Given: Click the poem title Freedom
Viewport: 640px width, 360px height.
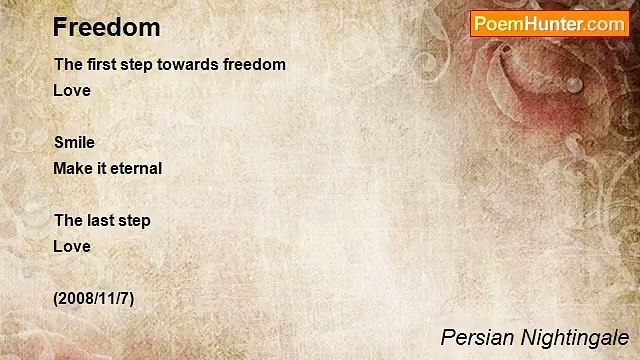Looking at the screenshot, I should (107, 27).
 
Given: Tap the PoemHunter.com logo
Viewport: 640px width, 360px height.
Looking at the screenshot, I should (549, 24).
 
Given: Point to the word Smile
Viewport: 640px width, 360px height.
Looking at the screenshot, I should (74, 142).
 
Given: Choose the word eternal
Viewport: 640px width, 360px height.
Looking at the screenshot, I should (135, 168).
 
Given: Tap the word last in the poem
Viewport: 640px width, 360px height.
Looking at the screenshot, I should (101, 220).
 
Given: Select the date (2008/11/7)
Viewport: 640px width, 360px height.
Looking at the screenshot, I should (94, 298).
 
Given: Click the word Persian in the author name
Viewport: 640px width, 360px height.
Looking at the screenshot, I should (476, 337).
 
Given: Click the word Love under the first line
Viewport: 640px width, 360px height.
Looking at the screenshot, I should (72, 90).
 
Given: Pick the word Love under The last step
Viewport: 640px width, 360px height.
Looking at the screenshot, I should (72, 246).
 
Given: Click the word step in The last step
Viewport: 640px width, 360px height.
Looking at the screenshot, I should (135, 221).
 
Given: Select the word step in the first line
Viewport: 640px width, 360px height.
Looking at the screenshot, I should (136, 65).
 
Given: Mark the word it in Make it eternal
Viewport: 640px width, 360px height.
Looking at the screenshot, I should (101, 168).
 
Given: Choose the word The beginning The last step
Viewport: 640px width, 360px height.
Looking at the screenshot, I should (68, 220).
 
